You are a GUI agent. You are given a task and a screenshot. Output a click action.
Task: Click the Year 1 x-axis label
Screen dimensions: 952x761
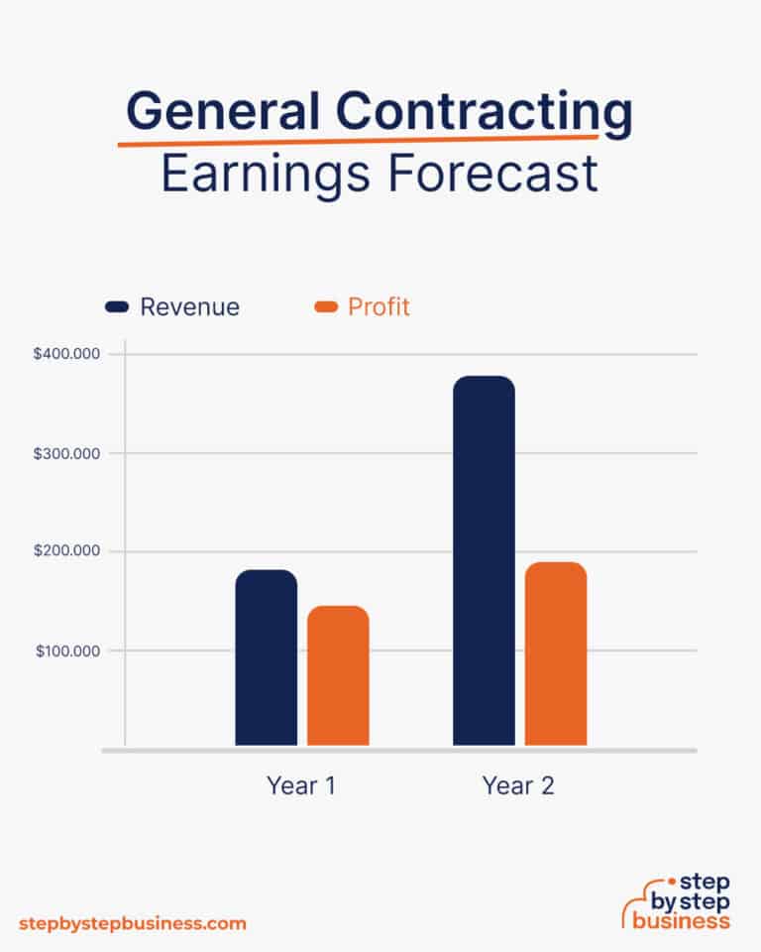point(301,786)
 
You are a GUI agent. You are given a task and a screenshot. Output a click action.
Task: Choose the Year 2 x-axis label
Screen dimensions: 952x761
point(518,786)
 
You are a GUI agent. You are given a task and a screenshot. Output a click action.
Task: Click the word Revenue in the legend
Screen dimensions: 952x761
point(189,307)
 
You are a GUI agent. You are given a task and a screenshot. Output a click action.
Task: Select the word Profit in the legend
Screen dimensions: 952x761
point(379,307)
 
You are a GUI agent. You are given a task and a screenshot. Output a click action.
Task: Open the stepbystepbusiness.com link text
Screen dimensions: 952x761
point(132,923)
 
